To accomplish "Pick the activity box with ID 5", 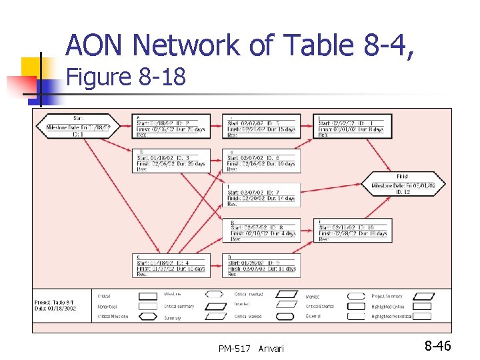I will pyautogui.click(x=262, y=126).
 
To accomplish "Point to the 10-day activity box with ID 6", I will pyautogui.click(x=262, y=161).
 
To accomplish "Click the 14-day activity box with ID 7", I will pyautogui.click(x=262, y=195).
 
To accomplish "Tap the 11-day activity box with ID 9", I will pyautogui.click(x=262, y=265).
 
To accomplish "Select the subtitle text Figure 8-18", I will pyautogui.click(x=126, y=77).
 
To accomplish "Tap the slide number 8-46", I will pyautogui.click(x=438, y=345).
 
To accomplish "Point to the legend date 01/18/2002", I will pyautogui.click(x=56, y=309).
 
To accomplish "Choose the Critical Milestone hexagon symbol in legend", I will pyautogui.click(x=141, y=317).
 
